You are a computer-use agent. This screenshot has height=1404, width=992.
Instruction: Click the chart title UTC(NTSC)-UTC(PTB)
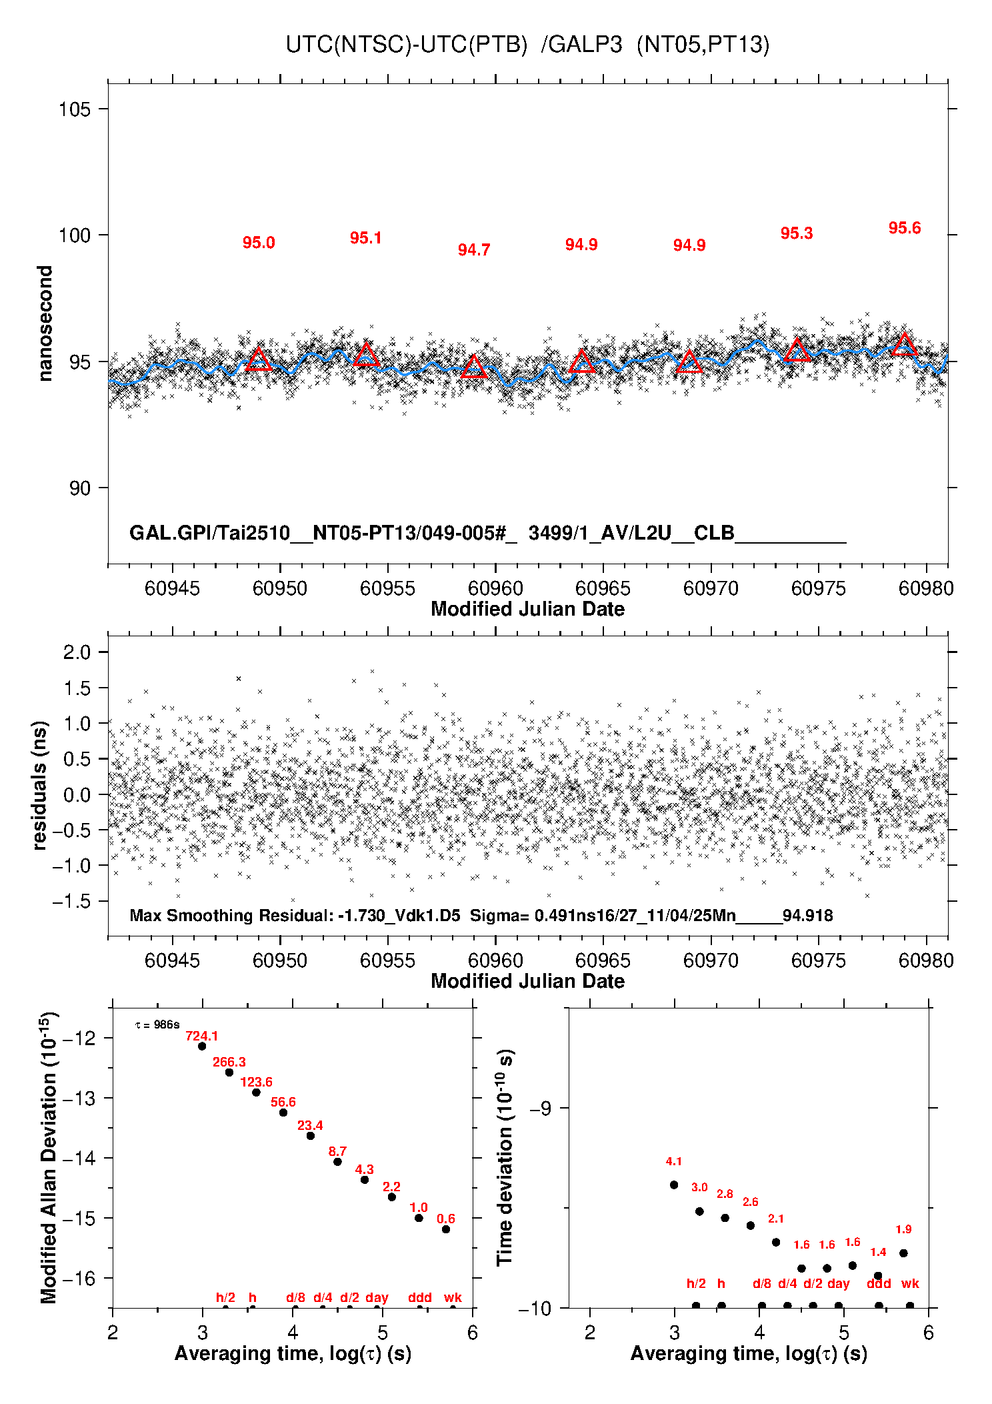(406, 45)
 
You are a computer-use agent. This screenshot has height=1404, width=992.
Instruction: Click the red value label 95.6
(904, 228)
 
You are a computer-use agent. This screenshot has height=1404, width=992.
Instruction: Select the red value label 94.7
(473, 250)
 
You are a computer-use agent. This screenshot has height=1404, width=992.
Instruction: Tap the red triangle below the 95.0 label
(259, 360)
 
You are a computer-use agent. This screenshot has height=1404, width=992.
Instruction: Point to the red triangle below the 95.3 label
(797, 351)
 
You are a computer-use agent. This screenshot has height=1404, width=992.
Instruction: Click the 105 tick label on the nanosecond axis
(74, 109)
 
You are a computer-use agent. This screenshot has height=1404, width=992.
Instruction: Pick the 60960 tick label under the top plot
(495, 588)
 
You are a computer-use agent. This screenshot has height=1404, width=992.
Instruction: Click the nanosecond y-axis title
(45, 323)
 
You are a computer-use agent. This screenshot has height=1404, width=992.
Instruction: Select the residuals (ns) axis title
(40, 785)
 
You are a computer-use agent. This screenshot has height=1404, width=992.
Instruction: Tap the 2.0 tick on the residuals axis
(77, 652)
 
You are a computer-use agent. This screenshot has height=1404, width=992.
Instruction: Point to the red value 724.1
(201, 1036)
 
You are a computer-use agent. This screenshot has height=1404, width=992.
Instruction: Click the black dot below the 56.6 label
(283, 1113)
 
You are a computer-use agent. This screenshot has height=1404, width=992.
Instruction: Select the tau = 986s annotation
(157, 1024)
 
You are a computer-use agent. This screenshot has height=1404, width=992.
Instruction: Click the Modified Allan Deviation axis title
(48, 1158)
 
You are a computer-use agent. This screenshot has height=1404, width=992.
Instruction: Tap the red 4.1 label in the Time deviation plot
(673, 1162)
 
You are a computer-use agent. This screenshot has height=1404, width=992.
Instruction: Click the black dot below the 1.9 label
(903, 1253)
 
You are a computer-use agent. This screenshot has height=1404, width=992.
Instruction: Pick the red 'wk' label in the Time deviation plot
(909, 1283)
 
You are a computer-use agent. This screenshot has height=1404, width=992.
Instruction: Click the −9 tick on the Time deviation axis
(540, 1109)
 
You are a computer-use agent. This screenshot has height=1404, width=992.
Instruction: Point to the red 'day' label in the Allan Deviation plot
(377, 1297)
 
